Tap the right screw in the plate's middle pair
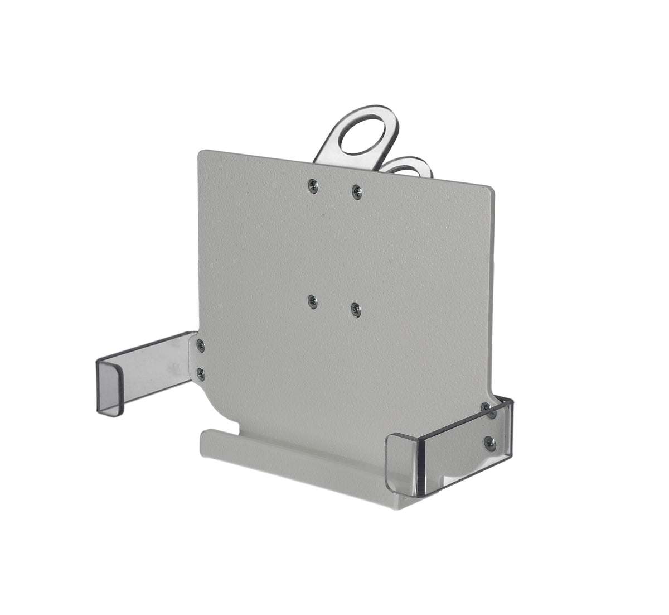tap(355, 309)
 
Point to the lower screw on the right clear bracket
tap(490, 444)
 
